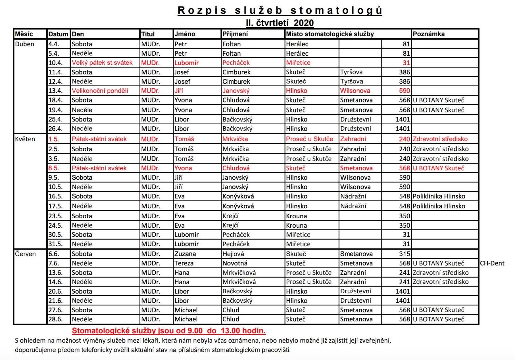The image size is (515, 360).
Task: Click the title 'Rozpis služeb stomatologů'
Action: (x=280, y=10)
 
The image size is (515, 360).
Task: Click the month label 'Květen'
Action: (x=25, y=139)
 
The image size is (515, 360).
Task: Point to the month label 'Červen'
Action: (x=25, y=254)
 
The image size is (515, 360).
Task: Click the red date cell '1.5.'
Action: (x=54, y=139)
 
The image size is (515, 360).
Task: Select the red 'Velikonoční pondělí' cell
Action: (x=100, y=91)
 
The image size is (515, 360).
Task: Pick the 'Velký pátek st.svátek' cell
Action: (x=102, y=63)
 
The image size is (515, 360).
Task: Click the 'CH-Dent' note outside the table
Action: (x=492, y=263)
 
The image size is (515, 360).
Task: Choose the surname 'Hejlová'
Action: (x=233, y=254)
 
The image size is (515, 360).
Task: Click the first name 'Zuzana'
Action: (x=185, y=254)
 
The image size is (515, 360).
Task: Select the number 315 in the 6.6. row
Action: (x=405, y=254)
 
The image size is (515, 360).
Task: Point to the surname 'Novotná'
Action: (x=235, y=263)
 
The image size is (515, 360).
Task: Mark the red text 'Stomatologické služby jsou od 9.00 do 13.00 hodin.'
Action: (x=169, y=331)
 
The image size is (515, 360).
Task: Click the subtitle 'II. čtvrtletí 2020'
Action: (x=280, y=23)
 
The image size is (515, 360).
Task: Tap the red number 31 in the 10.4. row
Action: (x=406, y=63)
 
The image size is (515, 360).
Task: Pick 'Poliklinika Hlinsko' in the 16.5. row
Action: (x=439, y=196)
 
